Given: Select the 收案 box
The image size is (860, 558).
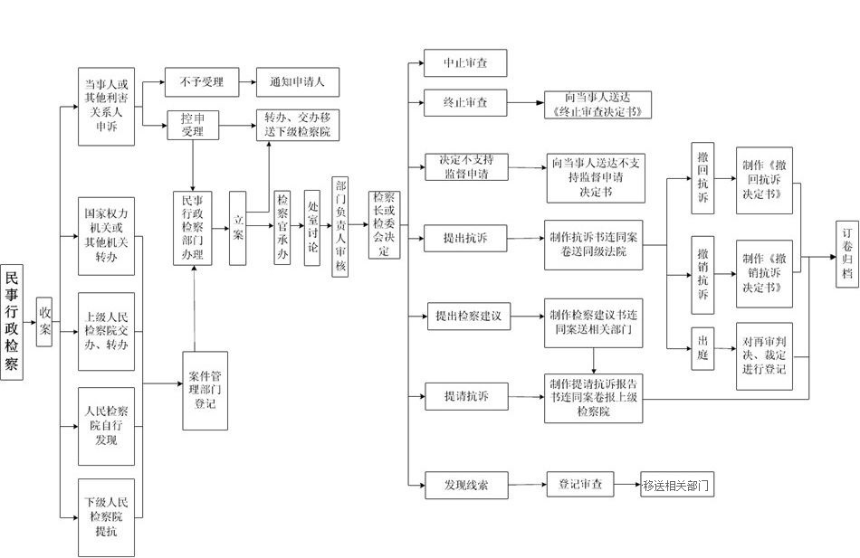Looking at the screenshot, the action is pos(44,322).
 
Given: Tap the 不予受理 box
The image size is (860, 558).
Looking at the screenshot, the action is pos(202,82).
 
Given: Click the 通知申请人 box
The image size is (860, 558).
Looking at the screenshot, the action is pos(298,82).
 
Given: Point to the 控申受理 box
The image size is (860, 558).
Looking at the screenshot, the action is pos(193,125).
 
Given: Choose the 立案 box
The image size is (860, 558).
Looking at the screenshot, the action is pos(237,228).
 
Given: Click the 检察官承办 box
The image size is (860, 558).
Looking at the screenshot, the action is pos(282,227).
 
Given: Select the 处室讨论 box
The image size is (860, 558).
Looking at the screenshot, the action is pos(312,228).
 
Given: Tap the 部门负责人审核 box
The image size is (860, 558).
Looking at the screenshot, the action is pos(340,226).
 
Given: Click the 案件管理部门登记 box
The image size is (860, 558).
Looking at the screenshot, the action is pos(205,391).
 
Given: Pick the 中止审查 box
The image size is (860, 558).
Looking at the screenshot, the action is pos(465,63).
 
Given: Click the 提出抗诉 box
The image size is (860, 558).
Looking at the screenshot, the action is pos(465,239).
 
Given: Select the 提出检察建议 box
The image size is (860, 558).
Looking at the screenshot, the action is pos(469,317).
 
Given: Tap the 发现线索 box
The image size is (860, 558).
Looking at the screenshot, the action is pos(467,485).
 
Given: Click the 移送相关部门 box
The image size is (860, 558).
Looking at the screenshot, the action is pos(677,485).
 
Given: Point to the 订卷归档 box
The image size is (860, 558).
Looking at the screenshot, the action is pos(847,254).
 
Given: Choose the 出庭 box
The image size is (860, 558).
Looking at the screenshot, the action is pos(702,348).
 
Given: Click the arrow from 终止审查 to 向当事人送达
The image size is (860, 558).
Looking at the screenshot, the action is pos(525,102).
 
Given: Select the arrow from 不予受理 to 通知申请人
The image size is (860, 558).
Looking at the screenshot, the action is pos(248,82).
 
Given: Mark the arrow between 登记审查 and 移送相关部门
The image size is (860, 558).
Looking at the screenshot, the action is pos(627,485).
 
